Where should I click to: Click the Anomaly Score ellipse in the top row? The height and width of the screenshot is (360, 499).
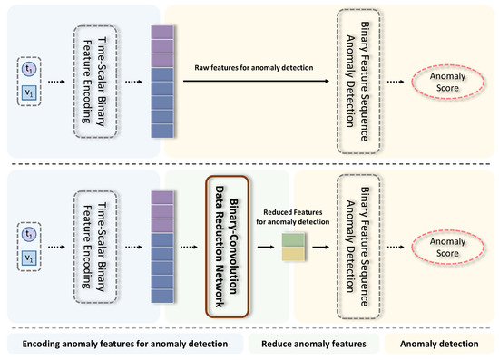(x=451, y=80)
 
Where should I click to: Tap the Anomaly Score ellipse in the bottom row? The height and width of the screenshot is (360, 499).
(x=451, y=242)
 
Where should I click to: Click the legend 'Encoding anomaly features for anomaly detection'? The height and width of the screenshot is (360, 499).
(x=125, y=345)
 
